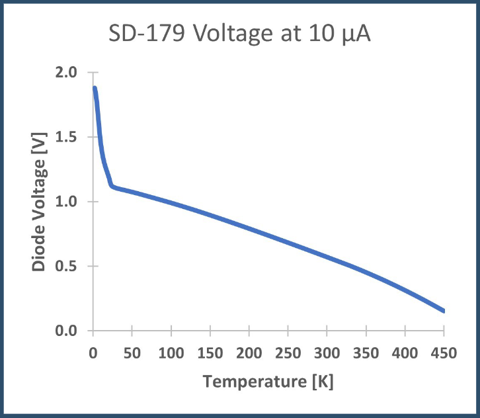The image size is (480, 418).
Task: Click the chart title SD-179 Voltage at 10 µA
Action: [240, 35]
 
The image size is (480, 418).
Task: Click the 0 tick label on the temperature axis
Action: [93, 353]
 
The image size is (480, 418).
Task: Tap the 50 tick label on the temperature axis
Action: [132, 353]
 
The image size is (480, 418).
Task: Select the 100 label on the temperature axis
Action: [171, 353]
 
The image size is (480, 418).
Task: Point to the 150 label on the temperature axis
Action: [210, 353]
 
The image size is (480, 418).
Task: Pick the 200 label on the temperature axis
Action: [249, 353]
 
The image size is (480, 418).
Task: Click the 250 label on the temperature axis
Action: [288, 353]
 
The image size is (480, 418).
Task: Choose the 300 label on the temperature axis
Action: [327, 353]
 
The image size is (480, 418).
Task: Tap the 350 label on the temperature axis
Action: [366, 353]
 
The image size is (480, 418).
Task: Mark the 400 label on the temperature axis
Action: [405, 353]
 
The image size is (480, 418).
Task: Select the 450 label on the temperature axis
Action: [444, 353]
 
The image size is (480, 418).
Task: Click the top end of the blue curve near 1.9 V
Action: [95, 88]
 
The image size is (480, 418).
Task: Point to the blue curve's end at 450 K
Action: [444, 311]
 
